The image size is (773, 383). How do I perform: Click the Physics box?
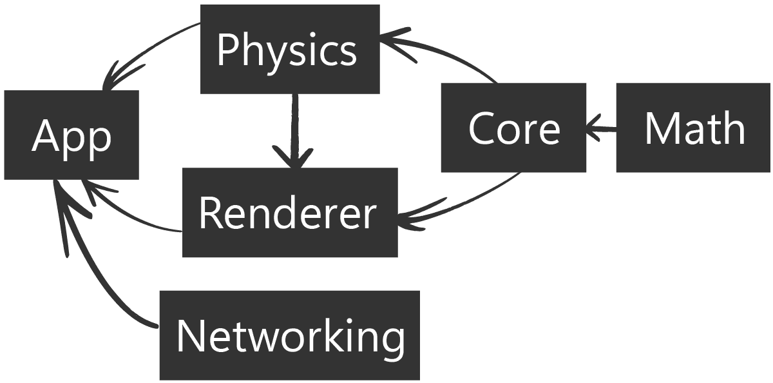[290, 50]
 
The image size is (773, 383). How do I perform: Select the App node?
[72, 135]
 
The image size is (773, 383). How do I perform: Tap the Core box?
[513, 128]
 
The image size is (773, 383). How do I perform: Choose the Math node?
[693, 128]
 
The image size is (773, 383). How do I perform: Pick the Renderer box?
[290, 213]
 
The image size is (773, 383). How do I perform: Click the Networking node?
[289, 335]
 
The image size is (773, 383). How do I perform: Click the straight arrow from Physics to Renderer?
[295, 126]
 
